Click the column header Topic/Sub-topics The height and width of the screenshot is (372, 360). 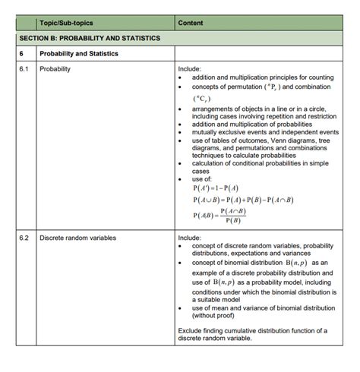coord(66,23)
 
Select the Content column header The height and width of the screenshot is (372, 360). coord(190,23)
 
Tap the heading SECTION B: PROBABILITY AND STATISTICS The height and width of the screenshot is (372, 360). coord(88,38)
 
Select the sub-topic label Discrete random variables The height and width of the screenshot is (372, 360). coord(77,238)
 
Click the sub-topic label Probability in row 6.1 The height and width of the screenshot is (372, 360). coord(56,68)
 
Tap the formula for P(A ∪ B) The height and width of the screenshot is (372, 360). coord(243,200)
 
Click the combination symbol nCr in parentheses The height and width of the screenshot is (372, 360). coord(203,99)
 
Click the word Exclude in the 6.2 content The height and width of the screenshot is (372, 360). coord(191,330)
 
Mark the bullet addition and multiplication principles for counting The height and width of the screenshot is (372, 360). coord(263,77)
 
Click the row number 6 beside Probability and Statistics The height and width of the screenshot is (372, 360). coord(23,54)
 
